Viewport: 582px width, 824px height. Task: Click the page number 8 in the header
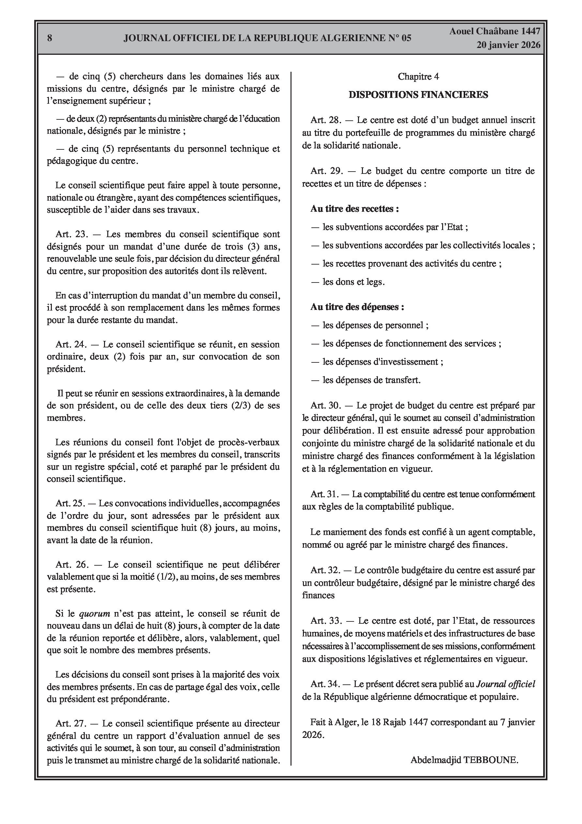point(50,38)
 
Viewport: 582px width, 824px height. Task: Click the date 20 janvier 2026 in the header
point(508,45)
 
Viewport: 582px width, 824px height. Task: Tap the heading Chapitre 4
point(418,76)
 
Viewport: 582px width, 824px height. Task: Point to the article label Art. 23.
point(72,234)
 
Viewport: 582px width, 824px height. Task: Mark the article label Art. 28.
point(325,120)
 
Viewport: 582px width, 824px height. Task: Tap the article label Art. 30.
point(325,405)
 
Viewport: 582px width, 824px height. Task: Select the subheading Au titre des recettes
point(354,209)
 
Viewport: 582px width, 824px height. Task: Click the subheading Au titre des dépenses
point(357,307)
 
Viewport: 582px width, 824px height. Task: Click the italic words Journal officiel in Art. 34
point(505,684)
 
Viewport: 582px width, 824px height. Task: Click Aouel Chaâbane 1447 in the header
point(494,31)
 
